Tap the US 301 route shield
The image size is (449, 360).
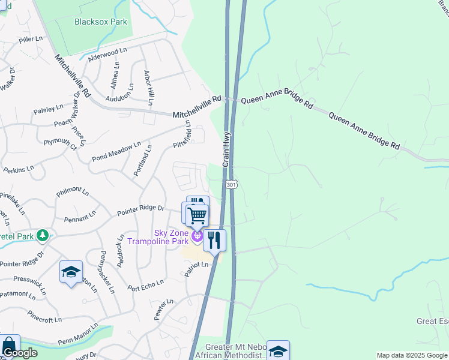(231, 185)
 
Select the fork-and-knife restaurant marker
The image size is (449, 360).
(214, 240)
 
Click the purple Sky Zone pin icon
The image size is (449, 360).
(197, 239)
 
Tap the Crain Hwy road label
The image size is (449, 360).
(228, 151)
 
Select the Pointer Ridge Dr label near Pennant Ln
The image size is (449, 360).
(140, 209)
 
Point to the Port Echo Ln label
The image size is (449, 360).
(146, 284)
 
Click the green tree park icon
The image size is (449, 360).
(42, 235)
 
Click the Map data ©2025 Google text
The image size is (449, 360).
(412, 355)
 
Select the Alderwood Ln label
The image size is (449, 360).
(108, 55)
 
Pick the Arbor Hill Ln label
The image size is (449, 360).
(149, 88)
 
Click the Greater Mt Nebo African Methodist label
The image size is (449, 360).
(235, 351)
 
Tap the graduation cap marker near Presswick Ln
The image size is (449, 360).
(71, 272)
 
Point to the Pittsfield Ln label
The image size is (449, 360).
(181, 136)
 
